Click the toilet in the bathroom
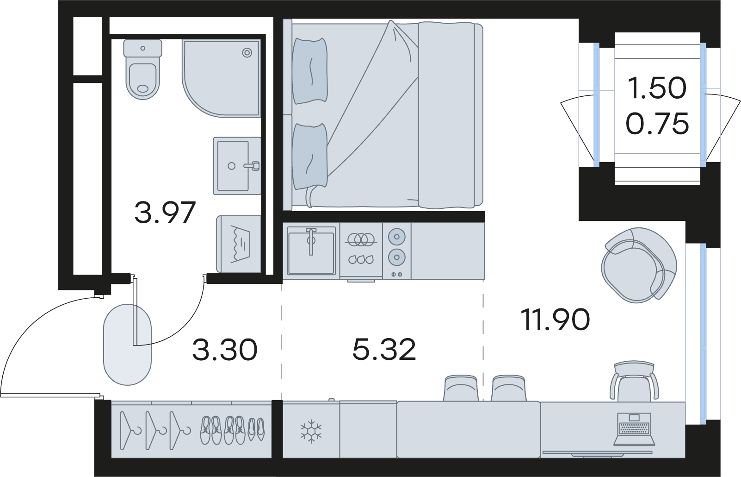142,69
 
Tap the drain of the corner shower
247,53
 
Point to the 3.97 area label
165,213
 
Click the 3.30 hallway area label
225,350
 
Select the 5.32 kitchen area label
384,350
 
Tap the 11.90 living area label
555,320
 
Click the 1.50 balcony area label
657,88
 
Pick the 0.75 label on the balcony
657,124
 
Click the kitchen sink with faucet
311,251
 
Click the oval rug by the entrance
127,345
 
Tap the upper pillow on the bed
309,70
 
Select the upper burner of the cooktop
396,237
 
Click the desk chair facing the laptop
634,383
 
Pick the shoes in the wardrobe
233,430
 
